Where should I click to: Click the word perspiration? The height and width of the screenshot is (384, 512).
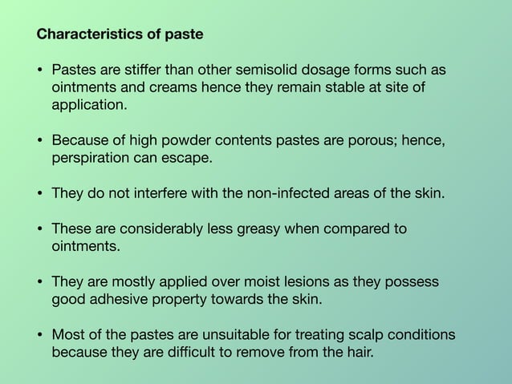tap(90, 159)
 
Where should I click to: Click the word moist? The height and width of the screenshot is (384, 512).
tap(245, 282)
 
